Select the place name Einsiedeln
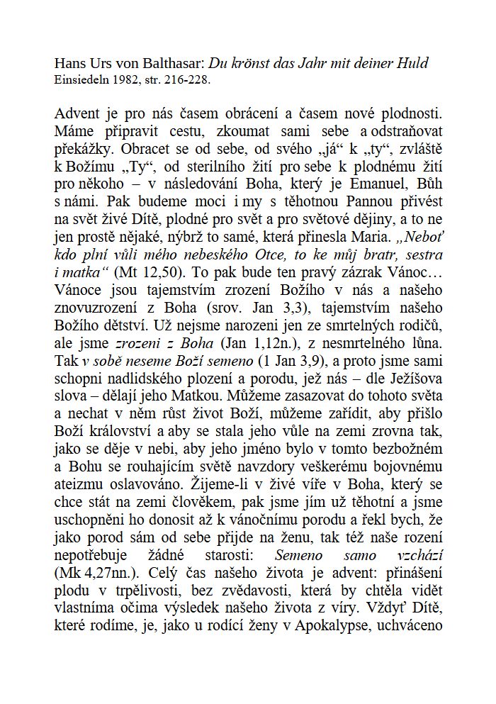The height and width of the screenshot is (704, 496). (x=81, y=79)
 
